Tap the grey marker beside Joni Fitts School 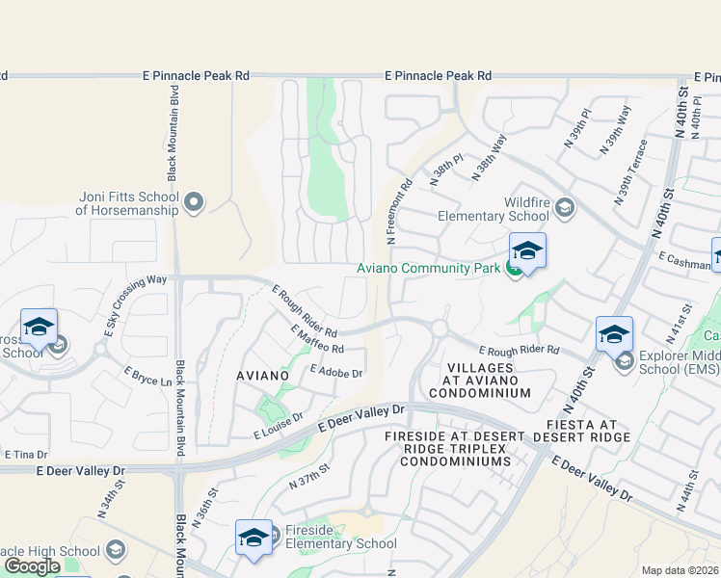[194, 202]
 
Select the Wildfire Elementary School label [492, 209]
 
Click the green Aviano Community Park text [430, 268]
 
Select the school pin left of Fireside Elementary [254, 539]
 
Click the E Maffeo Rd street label [317, 339]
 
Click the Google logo [32, 567]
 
